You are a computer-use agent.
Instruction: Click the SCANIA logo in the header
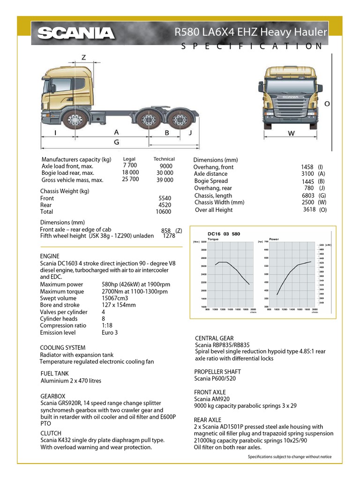[76, 33]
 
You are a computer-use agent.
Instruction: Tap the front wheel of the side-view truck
[73, 120]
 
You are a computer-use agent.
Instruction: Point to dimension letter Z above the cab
[83, 58]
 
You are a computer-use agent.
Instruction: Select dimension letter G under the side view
[117, 142]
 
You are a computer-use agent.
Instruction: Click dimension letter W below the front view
[291, 134]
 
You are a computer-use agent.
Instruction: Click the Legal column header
[129, 159]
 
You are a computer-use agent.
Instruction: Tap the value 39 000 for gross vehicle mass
[165, 180]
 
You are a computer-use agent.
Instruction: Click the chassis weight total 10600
[163, 212]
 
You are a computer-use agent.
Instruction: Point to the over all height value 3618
[309, 210]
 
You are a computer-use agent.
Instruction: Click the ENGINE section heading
[50, 256]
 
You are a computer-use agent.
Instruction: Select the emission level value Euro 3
[110, 333]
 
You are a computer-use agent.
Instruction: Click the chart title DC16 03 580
[224, 234]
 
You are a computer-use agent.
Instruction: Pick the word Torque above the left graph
[213, 239]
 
